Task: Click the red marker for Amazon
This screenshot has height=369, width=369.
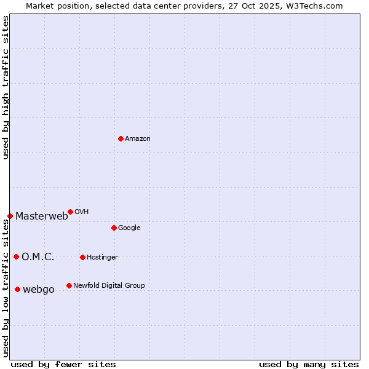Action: [x=121, y=138]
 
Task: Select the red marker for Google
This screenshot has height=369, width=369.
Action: [x=114, y=228]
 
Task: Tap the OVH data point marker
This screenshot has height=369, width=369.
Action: [x=70, y=212]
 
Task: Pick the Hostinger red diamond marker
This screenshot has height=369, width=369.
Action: [x=82, y=257]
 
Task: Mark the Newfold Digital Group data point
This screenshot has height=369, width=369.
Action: [x=69, y=285]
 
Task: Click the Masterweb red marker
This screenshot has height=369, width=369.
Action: [x=10, y=216]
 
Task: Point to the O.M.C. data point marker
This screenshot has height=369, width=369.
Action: [x=16, y=256]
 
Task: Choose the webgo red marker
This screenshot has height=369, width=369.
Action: [x=17, y=289]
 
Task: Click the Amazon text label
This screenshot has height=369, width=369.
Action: [x=138, y=138]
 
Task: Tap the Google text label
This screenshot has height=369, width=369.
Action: [x=129, y=228]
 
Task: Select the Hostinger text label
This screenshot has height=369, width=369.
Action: [x=102, y=257]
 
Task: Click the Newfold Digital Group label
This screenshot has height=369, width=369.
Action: [x=109, y=285]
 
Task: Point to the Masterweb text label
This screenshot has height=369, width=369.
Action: [x=42, y=216]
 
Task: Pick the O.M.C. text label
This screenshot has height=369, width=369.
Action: [x=38, y=256]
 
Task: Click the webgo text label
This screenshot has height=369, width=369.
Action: [x=39, y=289]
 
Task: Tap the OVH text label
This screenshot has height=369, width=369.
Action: [x=82, y=212]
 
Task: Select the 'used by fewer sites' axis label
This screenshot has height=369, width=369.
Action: [x=63, y=364]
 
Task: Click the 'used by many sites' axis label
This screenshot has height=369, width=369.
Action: [x=309, y=364]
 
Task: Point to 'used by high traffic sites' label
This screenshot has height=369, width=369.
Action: [x=6, y=87]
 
